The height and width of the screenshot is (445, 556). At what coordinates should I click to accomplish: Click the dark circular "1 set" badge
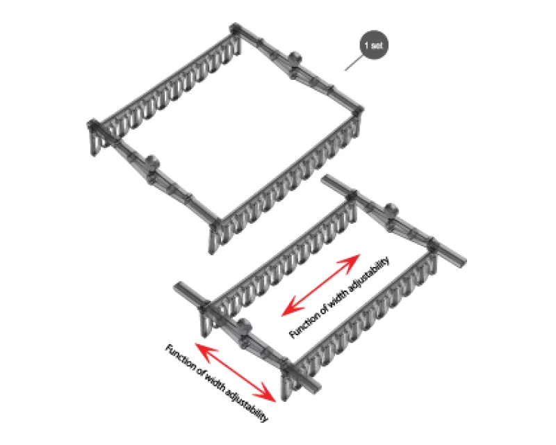(x=374, y=45)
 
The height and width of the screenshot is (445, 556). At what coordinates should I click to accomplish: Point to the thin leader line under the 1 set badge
(x=354, y=63)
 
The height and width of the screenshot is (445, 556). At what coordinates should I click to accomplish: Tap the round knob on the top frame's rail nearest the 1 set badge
(x=294, y=57)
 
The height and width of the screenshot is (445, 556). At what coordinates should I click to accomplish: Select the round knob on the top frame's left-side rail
(x=152, y=162)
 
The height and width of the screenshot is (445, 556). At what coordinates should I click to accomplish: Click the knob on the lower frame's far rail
(x=391, y=210)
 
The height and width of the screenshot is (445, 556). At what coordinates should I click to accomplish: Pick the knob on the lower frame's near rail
(x=245, y=325)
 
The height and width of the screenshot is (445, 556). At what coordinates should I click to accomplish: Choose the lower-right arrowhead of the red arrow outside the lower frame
(x=268, y=394)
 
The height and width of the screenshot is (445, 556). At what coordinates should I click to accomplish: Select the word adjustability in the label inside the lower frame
(x=369, y=275)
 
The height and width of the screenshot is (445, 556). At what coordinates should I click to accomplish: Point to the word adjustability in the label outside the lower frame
(x=247, y=405)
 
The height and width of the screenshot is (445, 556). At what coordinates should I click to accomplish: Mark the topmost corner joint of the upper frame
(x=235, y=29)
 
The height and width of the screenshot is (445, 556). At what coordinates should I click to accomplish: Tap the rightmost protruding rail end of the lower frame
(x=461, y=262)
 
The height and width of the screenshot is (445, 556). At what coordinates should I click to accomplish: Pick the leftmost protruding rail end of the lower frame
(x=179, y=286)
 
